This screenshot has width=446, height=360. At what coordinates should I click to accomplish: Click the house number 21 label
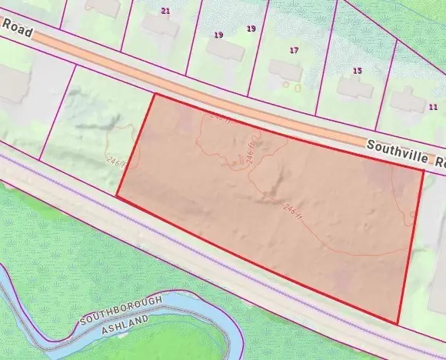[165, 11]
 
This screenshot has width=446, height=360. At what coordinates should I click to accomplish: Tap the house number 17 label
[294, 50]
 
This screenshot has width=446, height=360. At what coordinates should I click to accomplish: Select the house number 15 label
[357, 71]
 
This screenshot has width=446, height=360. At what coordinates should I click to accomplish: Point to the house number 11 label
[433, 106]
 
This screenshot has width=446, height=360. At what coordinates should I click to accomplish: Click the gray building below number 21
[160, 27]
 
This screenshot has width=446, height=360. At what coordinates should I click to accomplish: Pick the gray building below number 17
[285, 70]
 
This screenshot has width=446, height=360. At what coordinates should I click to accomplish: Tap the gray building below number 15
[354, 86]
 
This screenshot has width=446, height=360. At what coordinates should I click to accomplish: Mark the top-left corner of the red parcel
[155, 95]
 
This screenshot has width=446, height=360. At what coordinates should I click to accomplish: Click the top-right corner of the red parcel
[423, 170]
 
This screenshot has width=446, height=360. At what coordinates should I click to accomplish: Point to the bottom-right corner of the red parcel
[398, 323]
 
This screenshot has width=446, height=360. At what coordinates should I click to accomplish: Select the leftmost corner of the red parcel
[116, 195]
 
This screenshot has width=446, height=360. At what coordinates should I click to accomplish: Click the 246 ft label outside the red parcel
[116, 160]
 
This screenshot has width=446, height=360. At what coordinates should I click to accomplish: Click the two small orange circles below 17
[291, 86]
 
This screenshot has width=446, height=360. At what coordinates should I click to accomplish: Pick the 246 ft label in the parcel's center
[291, 209]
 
